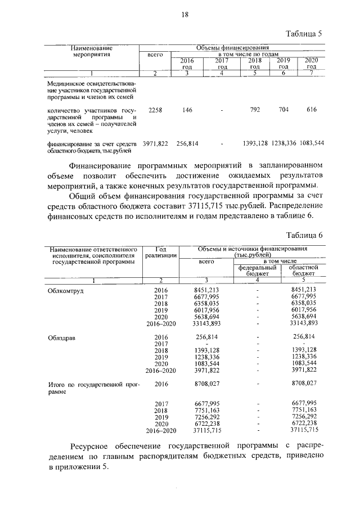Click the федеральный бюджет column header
(256, 271)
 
